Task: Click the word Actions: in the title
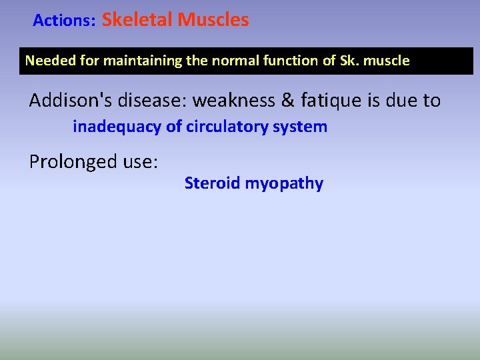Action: coord(65,21)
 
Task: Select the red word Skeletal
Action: coord(137,20)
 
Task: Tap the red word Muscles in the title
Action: coord(213,20)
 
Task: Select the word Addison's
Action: coord(72,101)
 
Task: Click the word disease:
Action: coord(158,101)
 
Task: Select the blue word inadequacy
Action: coord(116,127)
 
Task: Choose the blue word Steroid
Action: coord(212,183)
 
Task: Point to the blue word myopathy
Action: coord(284,184)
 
